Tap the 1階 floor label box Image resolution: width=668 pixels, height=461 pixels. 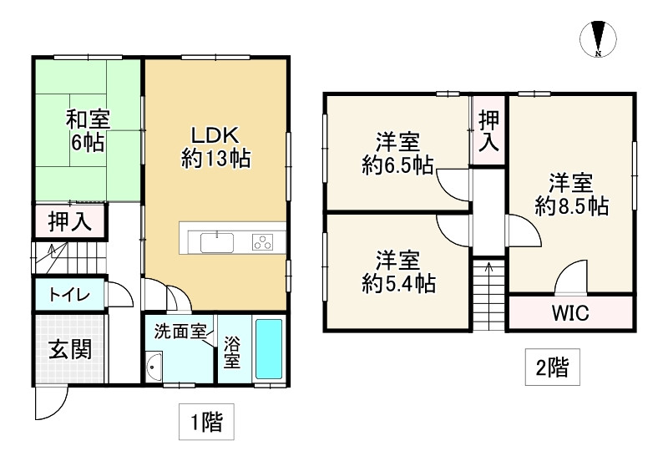[x=206, y=422]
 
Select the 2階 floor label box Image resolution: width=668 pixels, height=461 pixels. [x=552, y=367]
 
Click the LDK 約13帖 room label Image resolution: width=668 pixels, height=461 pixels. [x=216, y=147]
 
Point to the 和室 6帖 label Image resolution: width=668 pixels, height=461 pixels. [x=88, y=131]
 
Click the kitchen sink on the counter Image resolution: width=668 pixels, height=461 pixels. [x=217, y=242]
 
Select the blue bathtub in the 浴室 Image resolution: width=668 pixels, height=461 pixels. [x=269, y=349]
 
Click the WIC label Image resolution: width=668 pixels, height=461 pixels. [x=570, y=313]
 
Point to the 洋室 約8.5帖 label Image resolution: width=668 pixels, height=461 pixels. [x=572, y=194]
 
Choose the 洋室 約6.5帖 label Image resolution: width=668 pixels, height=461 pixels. [x=397, y=154]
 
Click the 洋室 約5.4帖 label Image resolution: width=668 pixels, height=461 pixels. [x=397, y=271]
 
